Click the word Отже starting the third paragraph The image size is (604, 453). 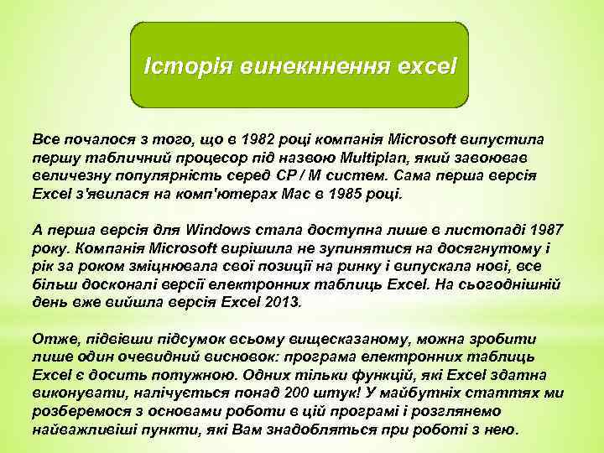pos(50,337)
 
